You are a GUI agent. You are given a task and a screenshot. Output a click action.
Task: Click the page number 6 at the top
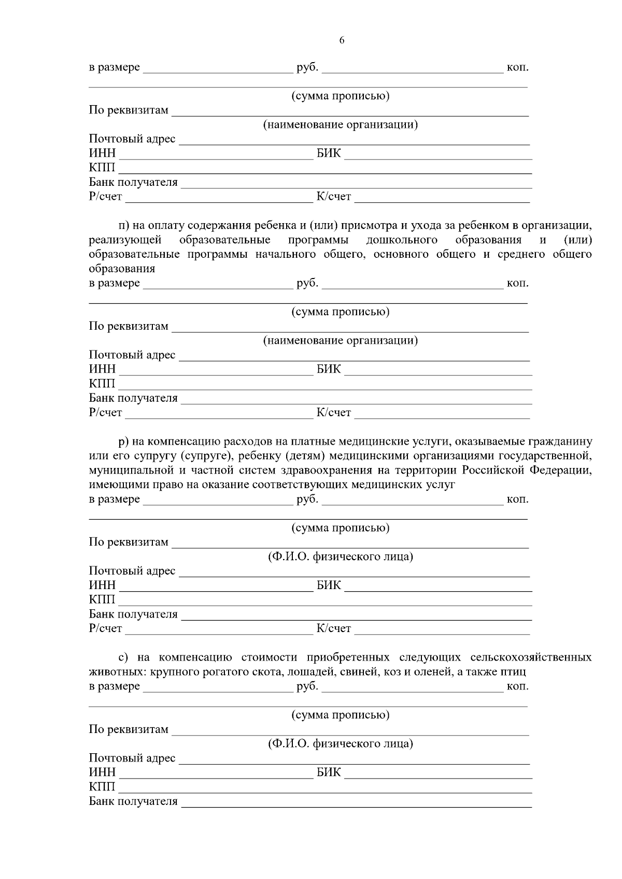coord(342,41)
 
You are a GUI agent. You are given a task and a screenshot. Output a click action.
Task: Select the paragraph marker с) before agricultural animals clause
coord(123,657)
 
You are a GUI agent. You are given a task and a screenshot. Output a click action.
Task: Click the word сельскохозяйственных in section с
coord(531,657)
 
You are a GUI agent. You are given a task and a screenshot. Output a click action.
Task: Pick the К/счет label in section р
coord(333,629)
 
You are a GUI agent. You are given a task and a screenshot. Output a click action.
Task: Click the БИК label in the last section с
coord(329,772)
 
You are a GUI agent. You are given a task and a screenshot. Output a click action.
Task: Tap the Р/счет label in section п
coord(105,413)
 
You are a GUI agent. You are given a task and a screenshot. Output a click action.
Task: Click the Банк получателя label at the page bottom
coord(133,801)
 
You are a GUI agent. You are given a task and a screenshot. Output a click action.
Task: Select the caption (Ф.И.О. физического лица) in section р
coord(341,557)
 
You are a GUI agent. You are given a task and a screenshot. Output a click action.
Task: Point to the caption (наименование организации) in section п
coord(341,341)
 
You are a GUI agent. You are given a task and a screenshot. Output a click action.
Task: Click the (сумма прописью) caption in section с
coord(341,715)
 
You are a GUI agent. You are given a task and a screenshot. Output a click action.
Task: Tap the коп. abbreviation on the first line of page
coord(517,67)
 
